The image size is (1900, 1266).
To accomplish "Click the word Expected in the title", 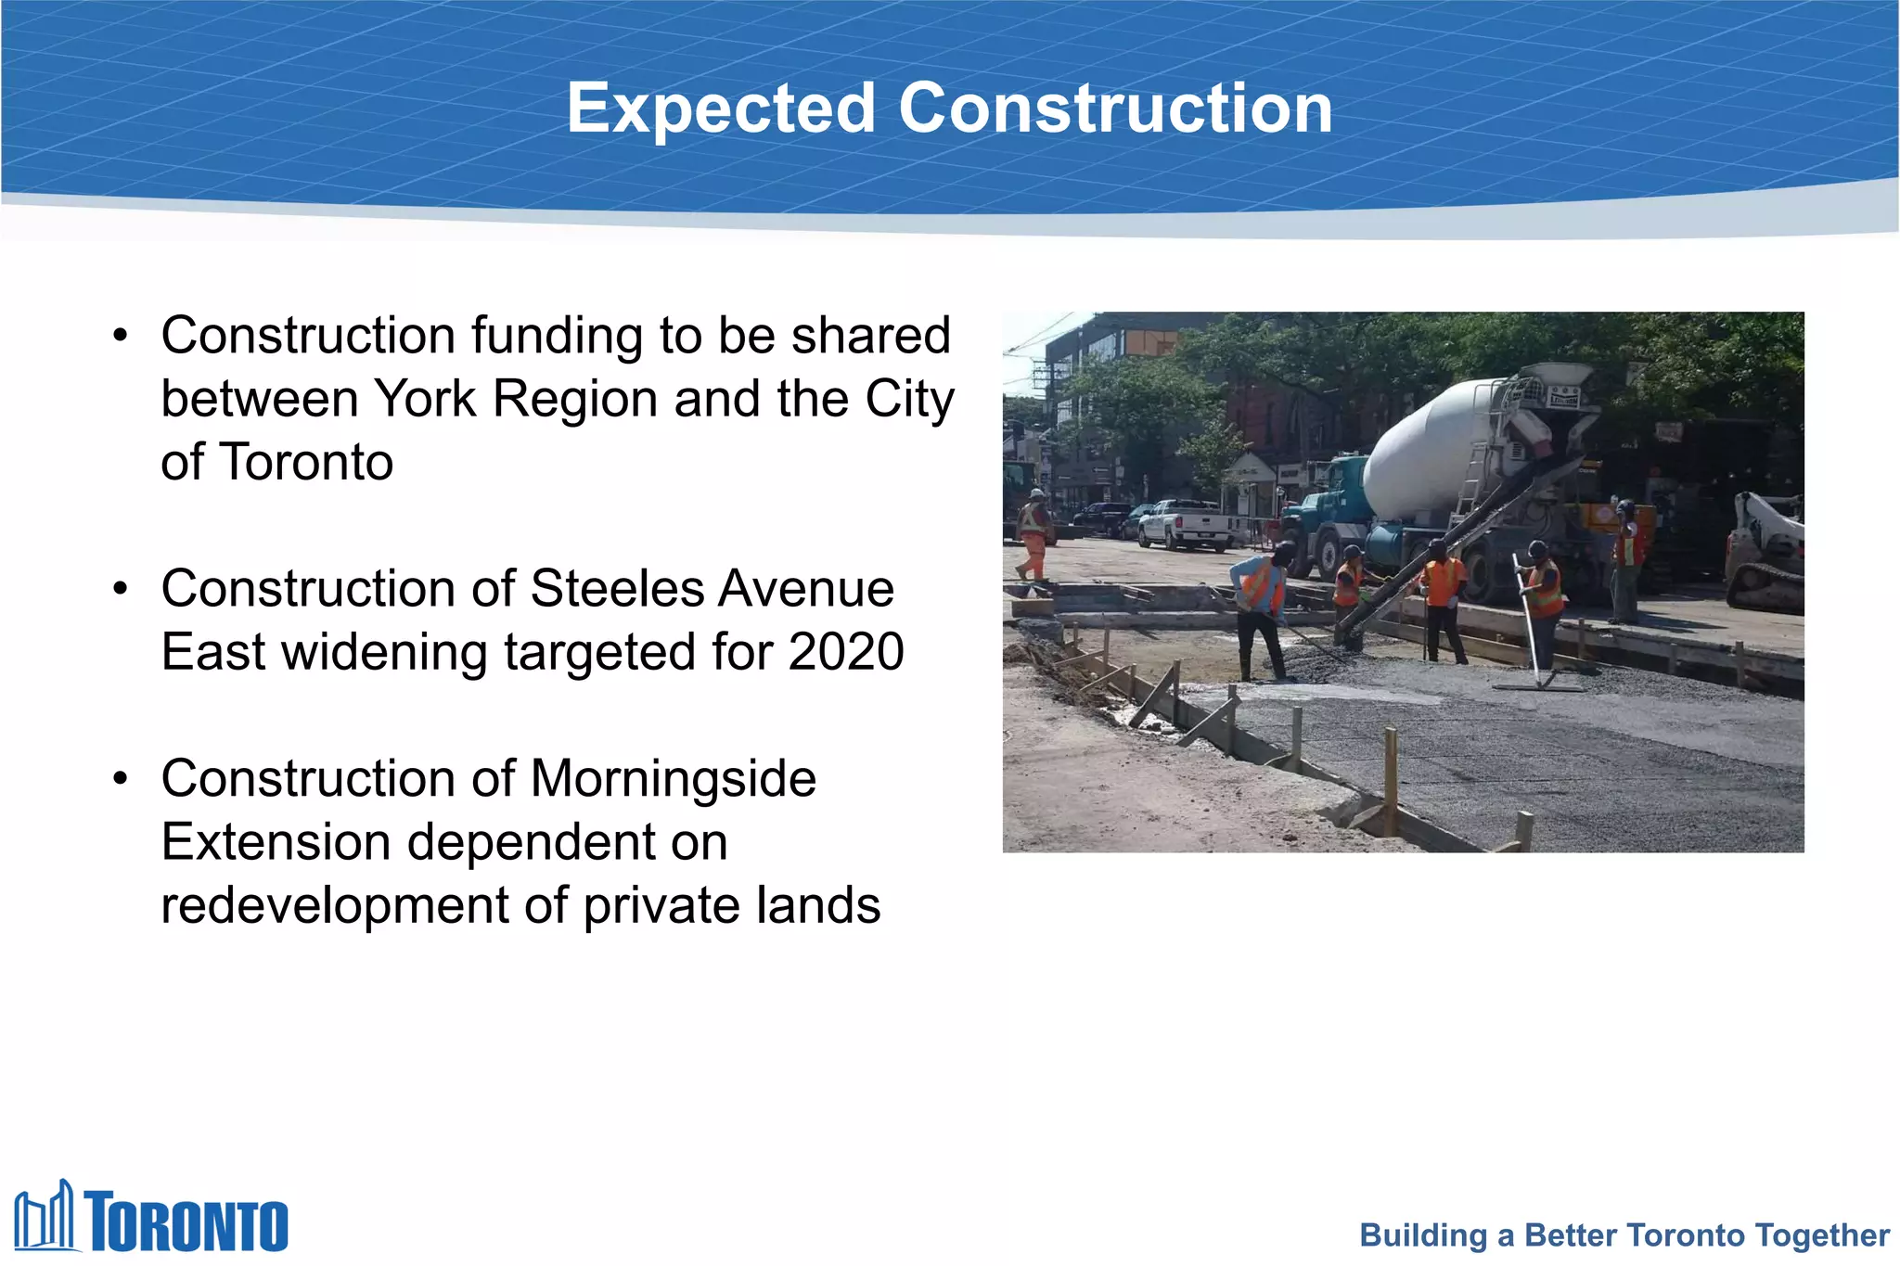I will click(721, 109).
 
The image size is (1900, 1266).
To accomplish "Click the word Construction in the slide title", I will click(1115, 109).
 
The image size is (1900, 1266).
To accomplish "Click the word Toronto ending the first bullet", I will click(307, 463).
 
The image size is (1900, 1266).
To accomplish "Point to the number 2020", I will click(845, 652).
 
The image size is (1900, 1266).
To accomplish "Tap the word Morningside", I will click(674, 779).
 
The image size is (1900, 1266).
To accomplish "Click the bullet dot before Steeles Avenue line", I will click(121, 589).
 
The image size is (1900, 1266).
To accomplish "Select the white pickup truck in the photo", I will click(1189, 525).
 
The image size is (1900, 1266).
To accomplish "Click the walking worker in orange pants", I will click(1033, 534).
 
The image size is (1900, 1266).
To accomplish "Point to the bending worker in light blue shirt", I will click(1260, 607).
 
